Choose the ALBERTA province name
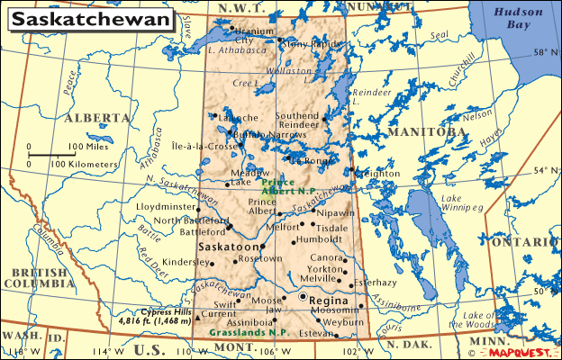97,118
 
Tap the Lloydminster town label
166,207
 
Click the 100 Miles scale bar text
88,146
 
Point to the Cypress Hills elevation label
156,315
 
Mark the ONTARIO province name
532,242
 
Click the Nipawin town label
337,213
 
